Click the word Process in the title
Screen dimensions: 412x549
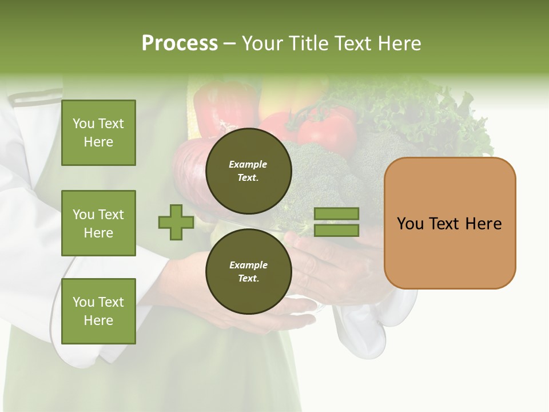pos(180,43)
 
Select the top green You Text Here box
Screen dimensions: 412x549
pos(98,133)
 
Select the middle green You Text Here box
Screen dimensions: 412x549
pos(98,223)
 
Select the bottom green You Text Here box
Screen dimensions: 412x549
pos(98,311)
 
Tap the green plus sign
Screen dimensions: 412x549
pos(176,222)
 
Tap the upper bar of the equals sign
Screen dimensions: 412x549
pos(336,213)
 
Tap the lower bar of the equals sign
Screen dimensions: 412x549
pos(336,230)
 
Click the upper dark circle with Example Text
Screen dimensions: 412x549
pos(248,171)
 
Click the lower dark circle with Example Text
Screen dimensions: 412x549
pos(248,271)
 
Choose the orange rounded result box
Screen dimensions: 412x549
pos(449,223)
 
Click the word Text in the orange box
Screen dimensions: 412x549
pos(448,223)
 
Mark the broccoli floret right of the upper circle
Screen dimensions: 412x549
pos(315,172)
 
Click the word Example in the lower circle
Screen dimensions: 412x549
pos(248,265)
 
